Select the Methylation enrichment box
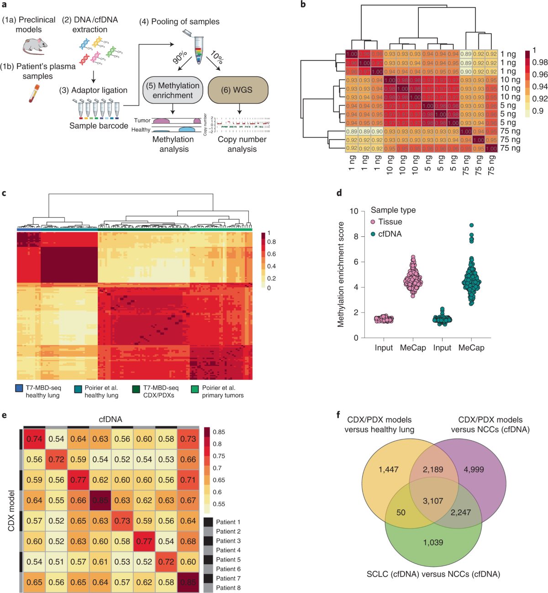[x=173, y=90]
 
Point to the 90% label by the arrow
[x=180, y=58]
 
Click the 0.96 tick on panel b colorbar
[x=540, y=75]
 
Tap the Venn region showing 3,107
[x=433, y=501]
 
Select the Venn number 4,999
[x=474, y=470]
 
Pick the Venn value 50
[x=400, y=513]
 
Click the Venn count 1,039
[x=433, y=542]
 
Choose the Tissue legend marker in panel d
[x=373, y=222]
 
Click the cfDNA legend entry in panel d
[x=390, y=234]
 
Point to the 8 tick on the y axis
[x=356, y=236]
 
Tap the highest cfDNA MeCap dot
[x=471, y=225]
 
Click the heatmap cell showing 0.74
[x=34, y=439]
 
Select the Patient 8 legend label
[x=228, y=588]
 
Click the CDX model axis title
[x=11, y=510]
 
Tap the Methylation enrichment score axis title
[x=341, y=274]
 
